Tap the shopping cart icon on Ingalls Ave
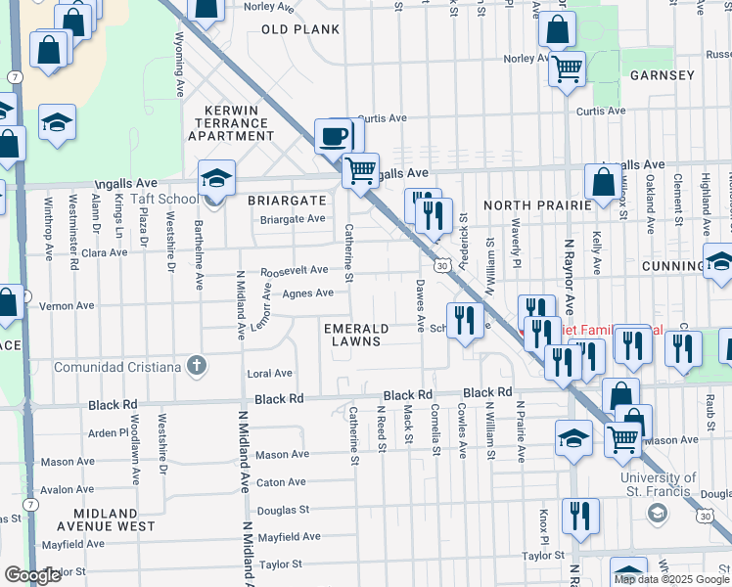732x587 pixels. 360,170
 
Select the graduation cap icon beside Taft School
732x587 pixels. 216,178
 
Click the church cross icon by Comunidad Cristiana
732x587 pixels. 197,367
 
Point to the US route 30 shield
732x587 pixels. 443,265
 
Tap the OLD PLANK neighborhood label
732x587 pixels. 300,29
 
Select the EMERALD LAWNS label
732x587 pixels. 357,335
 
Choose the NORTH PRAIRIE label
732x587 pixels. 537,205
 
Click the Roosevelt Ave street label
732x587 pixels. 294,270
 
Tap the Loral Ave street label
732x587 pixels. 270,374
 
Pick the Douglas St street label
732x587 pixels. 283,510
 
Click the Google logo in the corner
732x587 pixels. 32,575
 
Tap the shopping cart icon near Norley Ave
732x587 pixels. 566,69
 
